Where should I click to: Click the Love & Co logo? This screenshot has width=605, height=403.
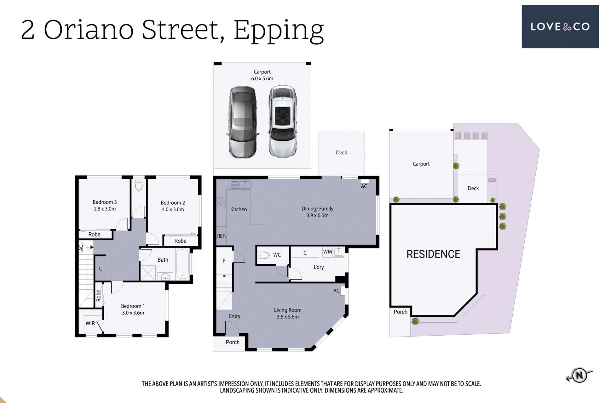click(x=560, y=26)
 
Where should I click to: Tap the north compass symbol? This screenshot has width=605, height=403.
click(x=579, y=375)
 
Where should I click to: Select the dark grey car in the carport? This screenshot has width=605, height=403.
click(x=242, y=122)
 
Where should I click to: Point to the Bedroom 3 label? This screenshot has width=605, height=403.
click(x=105, y=202)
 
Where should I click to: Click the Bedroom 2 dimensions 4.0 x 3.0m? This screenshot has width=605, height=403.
click(x=173, y=209)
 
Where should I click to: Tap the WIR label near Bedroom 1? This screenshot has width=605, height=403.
click(x=90, y=323)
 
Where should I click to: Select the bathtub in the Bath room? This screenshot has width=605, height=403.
click(x=182, y=264)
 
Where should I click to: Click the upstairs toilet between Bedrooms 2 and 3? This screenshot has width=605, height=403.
click(x=139, y=186)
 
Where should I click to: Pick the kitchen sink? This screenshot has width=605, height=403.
click(x=241, y=184)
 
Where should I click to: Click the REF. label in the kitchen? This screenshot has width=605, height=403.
click(x=221, y=236)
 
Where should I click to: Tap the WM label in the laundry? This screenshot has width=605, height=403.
click(x=327, y=252)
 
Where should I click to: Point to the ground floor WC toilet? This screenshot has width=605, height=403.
click(x=263, y=255)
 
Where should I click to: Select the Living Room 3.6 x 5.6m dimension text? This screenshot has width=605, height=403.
click(x=288, y=317)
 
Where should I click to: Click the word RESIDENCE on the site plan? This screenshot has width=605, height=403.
click(x=433, y=254)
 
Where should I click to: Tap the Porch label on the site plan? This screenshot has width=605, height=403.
click(x=400, y=312)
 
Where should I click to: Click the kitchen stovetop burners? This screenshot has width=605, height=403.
click(x=222, y=203)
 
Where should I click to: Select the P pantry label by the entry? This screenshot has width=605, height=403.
click(x=224, y=261)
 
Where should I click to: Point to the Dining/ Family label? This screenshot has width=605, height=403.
click(x=317, y=208)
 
